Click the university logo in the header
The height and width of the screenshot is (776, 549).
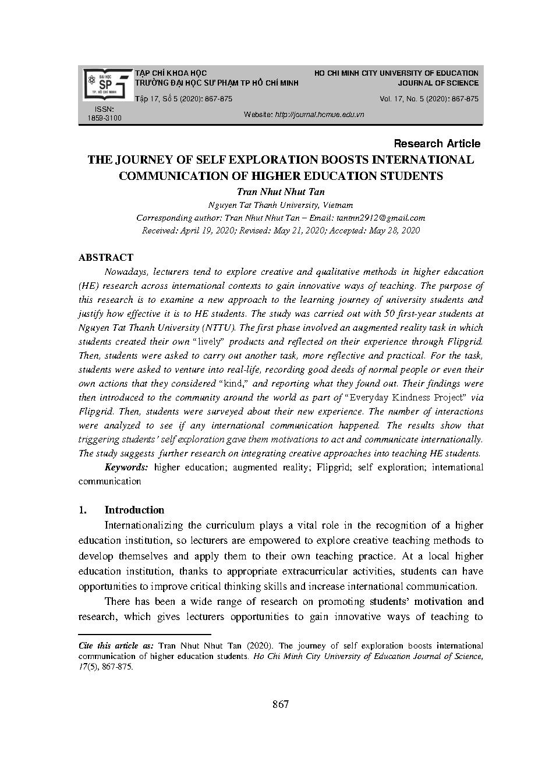tap(107, 85)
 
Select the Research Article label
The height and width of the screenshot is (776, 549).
tap(437, 143)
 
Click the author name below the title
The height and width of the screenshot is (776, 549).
tap(281, 192)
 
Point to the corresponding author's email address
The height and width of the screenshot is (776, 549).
tap(380, 218)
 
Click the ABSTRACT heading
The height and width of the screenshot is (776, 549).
tap(106, 257)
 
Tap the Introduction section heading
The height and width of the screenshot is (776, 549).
tap(134, 510)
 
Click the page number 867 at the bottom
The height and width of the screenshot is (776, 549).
tap(280, 704)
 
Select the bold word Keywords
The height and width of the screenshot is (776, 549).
tap(126, 467)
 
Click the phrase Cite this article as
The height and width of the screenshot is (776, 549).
tap(116, 646)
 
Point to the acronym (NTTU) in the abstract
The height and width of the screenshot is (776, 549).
tap(216, 328)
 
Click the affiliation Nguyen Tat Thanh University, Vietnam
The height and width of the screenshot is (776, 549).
tap(281, 205)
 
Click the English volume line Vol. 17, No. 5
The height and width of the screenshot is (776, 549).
tap(429, 99)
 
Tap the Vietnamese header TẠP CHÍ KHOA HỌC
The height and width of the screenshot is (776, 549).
tap(171, 73)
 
